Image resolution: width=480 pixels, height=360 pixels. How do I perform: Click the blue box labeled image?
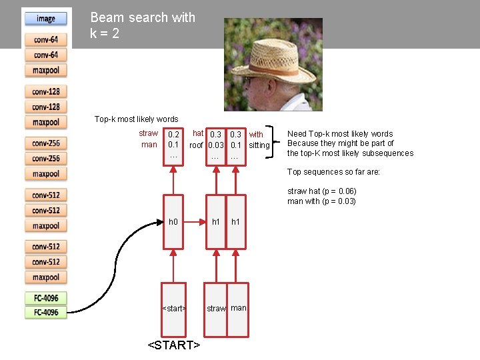(x=46, y=19)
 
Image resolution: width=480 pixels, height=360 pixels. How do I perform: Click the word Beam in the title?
(x=107, y=17)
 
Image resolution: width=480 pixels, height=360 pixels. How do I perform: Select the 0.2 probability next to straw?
(x=173, y=135)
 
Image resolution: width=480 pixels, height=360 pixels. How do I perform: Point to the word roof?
(x=196, y=145)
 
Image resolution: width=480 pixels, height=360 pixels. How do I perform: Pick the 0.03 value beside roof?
(x=215, y=145)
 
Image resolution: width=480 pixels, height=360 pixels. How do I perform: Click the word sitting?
(x=259, y=145)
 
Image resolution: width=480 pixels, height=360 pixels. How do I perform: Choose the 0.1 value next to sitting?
(x=235, y=145)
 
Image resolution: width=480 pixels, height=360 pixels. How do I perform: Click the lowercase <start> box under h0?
(x=173, y=308)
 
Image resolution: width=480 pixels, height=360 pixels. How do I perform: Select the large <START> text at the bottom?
(x=173, y=345)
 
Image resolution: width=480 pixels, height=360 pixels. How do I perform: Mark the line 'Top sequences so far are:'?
(x=333, y=172)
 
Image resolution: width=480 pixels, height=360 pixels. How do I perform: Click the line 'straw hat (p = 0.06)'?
(x=322, y=191)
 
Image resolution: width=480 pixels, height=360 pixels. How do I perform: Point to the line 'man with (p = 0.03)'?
(x=321, y=201)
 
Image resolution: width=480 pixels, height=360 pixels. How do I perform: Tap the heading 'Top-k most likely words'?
(x=136, y=119)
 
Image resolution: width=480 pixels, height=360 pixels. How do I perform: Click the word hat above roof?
(x=197, y=134)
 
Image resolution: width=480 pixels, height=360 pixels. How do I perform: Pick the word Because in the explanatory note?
(x=303, y=143)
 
